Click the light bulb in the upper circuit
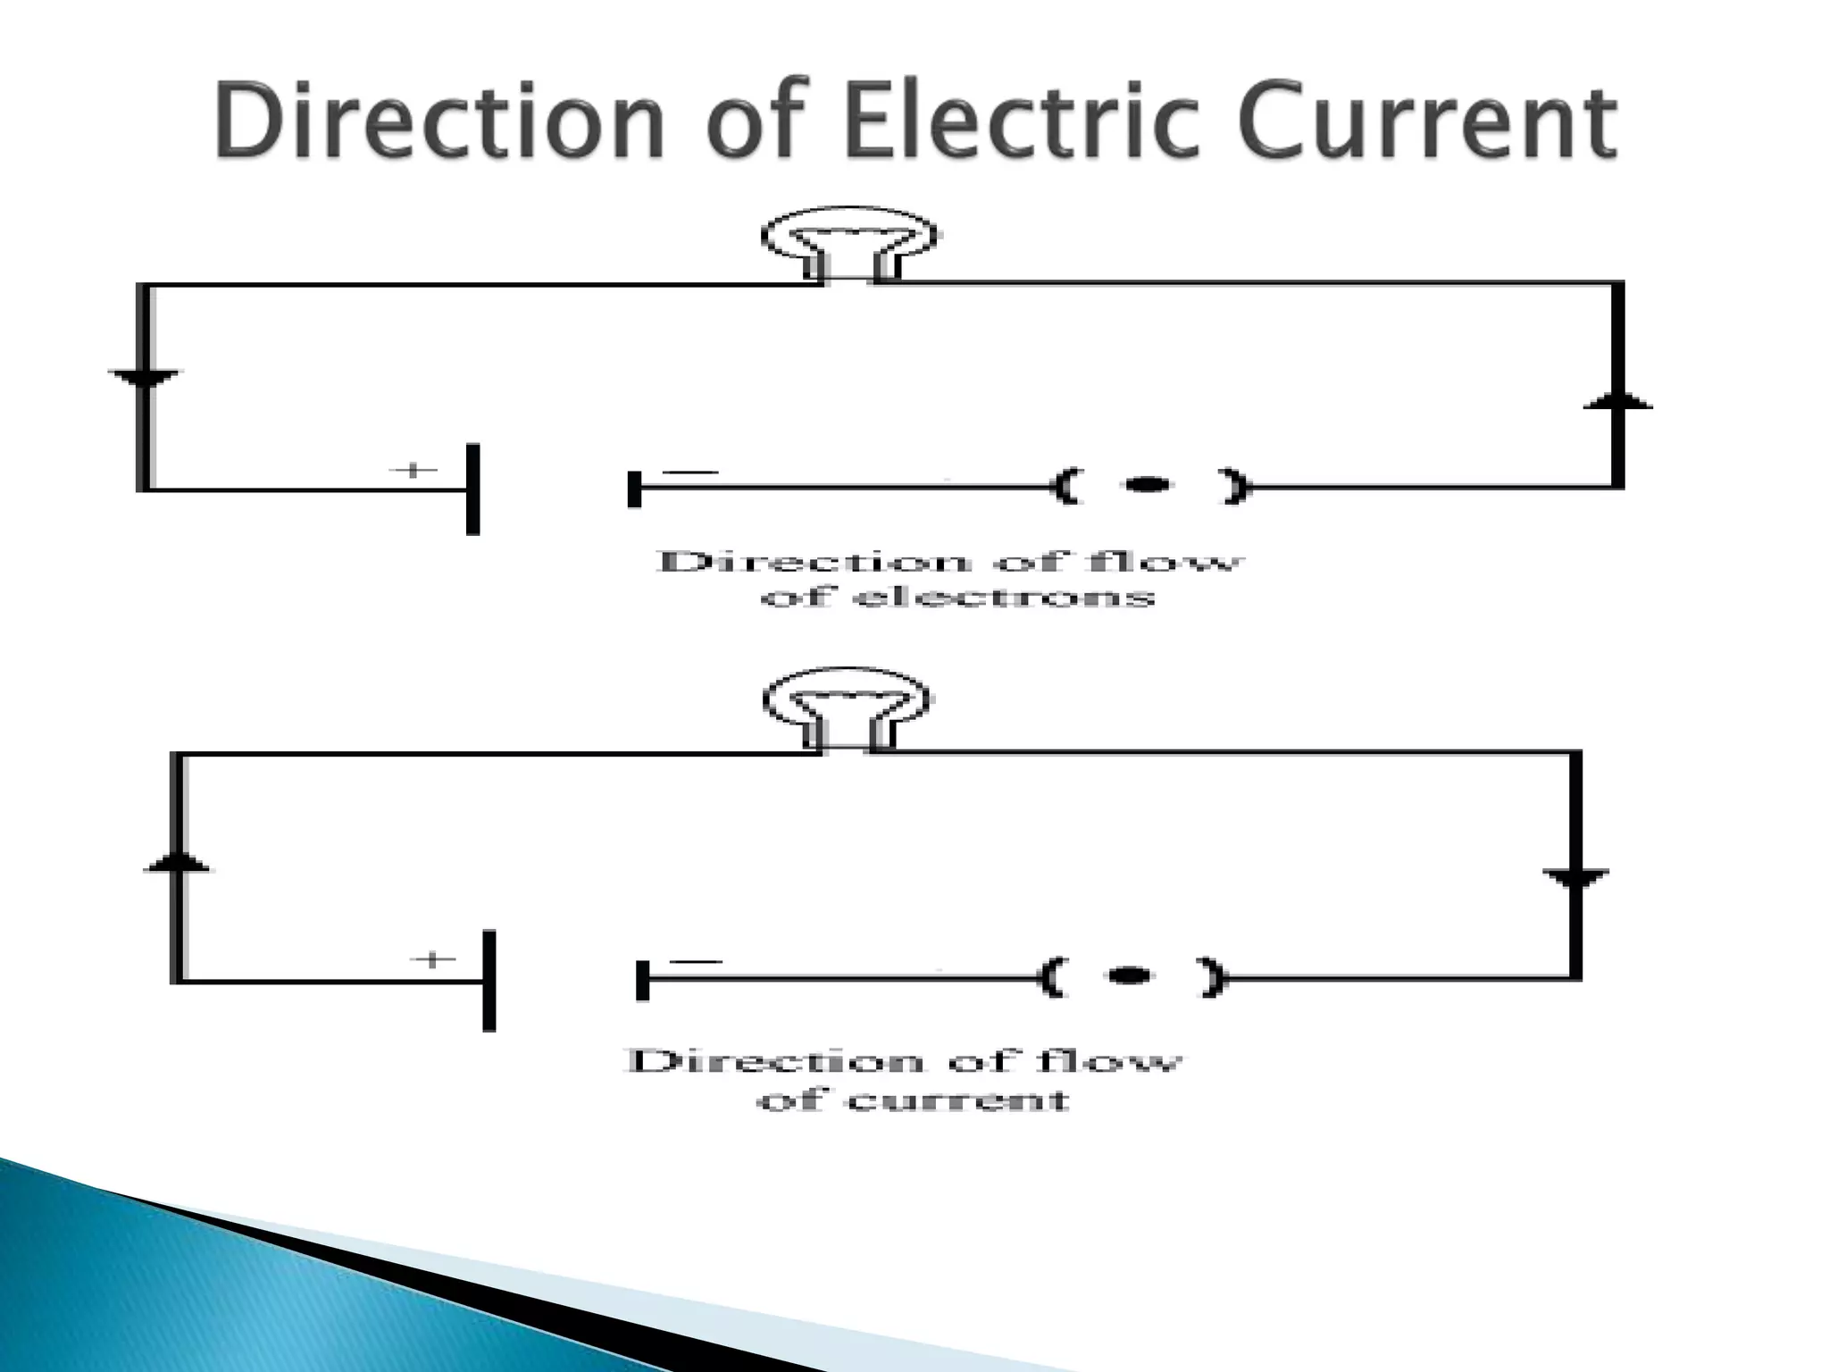tap(848, 237)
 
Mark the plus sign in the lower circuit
tap(432, 960)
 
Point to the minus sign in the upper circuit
tap(690, 473)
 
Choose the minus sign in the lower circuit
tap(695, 962)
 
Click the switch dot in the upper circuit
tap(1148, 485)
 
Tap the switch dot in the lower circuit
tap(1129, 975)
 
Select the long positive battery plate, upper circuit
tap(473, 489)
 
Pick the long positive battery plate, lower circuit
tap(489, 981)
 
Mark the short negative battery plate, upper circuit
tap(635, 489)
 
